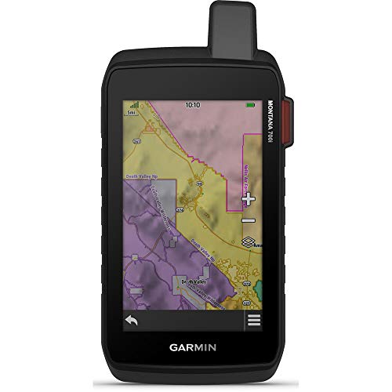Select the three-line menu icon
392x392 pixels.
(x=253, y=321)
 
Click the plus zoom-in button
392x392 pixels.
(x=249, y=199)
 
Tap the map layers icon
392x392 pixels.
(x=249, y=245)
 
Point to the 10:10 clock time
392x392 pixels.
(x=193, y=104)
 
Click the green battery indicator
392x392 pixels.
(x=252, y=104)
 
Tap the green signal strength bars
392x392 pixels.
(x=134, y=103)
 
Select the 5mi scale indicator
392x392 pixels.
(x=132, y=112)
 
